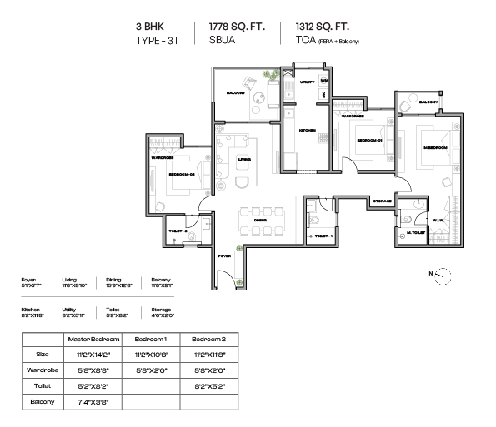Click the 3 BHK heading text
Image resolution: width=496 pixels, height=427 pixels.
(150, 27)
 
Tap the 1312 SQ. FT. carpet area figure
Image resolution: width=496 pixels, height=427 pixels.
(319, 27)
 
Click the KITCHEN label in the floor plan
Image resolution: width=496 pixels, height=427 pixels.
(307, 131)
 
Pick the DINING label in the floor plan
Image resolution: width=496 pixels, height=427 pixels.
(260, 220)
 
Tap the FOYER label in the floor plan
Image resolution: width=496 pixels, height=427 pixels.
(224, 257)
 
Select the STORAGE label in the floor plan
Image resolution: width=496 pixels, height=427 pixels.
(383, 201)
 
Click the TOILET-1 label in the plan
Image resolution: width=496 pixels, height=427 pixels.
(323, 237)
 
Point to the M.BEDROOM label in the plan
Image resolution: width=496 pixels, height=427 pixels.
(435, 147)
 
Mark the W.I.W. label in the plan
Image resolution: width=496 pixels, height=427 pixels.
(438, 221)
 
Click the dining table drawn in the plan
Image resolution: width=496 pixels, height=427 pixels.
(260, 221)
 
